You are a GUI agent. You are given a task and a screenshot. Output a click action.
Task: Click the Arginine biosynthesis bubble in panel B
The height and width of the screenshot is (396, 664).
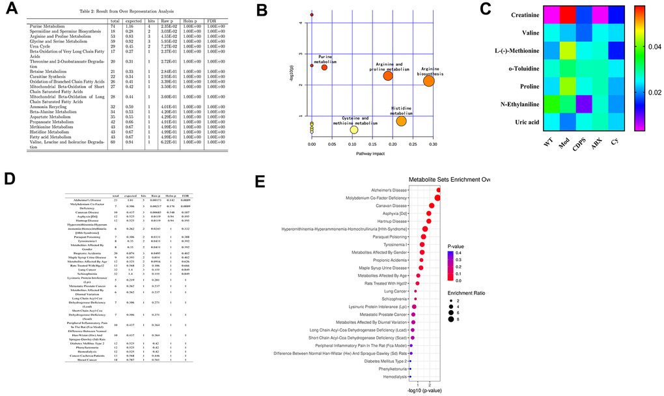click(x=429, y=81)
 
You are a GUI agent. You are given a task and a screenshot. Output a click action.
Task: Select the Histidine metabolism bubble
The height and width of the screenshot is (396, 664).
click(x=401, y=120)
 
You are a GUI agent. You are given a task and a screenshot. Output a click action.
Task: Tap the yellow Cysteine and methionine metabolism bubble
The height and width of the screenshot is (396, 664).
click(x=353, y=130)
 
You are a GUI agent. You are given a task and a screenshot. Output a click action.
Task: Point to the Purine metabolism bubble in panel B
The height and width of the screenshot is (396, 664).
click(x=324, y=67)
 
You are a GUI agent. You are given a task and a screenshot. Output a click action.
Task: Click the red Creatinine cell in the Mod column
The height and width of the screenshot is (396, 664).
click(x=568, y=13)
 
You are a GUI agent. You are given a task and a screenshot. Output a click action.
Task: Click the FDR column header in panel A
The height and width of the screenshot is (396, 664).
click(x=211, y=21)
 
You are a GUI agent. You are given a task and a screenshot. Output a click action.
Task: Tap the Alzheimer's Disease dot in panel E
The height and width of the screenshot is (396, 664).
click(x=438, y=190)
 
